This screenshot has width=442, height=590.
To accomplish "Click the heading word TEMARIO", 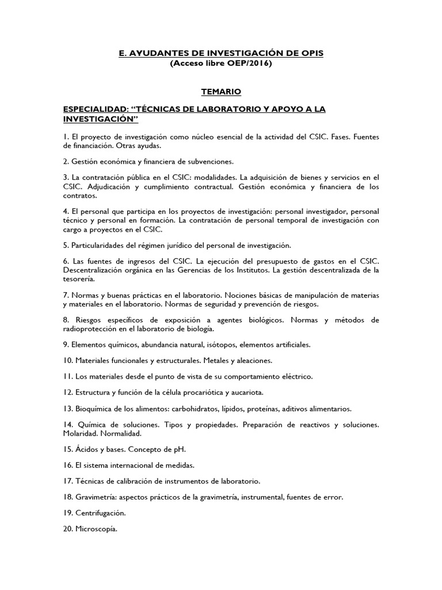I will click(221, 91).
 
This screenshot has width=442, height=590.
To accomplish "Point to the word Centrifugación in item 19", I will click(101, 512).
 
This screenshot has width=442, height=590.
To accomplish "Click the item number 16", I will click(68, 464).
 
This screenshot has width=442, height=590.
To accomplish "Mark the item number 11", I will click(68, 376).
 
